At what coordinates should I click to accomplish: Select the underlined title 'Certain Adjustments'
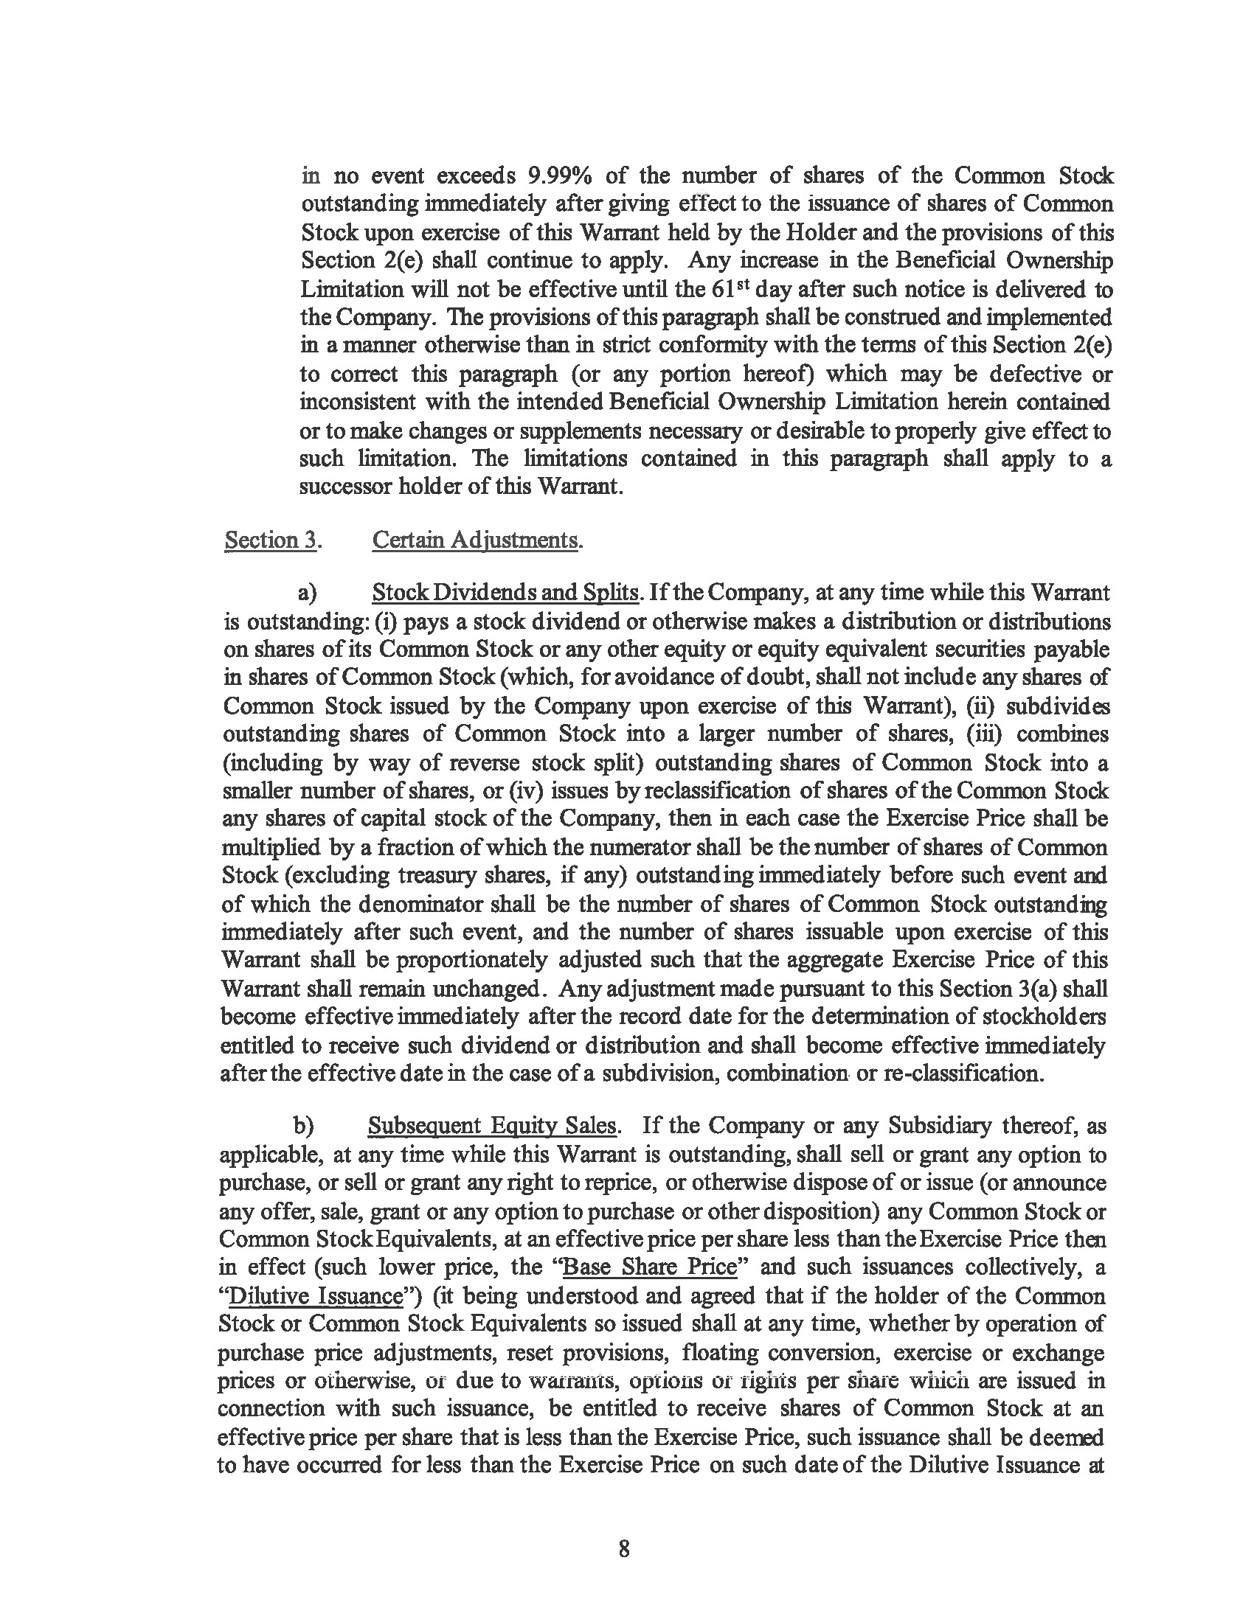(475, 540)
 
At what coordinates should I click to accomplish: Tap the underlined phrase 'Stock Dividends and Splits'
(505, 593)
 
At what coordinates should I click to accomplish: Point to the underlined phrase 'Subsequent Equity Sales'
(492, 1126)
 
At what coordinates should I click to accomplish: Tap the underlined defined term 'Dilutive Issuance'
(316, 1296)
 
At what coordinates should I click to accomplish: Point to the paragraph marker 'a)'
(307, 593)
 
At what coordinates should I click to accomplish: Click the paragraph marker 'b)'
(303, 1127)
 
